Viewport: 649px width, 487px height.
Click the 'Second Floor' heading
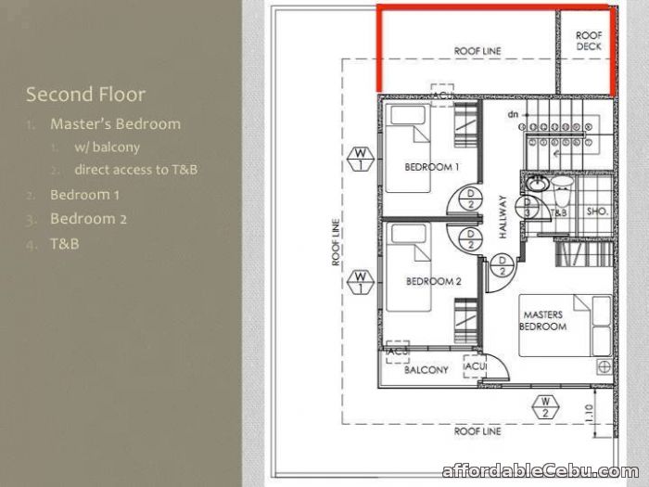pyautogui.click(x=85, y=95)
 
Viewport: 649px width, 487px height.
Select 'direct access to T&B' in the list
pyautogui.click(x=135, y=170)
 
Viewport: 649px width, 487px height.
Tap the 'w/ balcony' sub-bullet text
pyautogui.click(x=108, y=147)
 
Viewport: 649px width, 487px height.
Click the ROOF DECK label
pyautogui.click(x=589, y=41)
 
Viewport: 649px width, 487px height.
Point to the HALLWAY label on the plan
pyautogui.click(x=503, y=216)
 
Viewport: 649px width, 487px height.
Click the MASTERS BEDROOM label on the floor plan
pyautogui.click(x=543, y=321)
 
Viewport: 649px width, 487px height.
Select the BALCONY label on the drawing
pyautogui.click(x=426, y=369)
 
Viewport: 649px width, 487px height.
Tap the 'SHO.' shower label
pyautogui.click(x=597, y=211)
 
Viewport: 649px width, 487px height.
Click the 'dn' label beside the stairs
pyautogui.click(x=513, y=114)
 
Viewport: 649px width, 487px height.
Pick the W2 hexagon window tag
pyautogui.click(x=545, y=407)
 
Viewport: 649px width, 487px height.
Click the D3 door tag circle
pyautogui.click(x=528, y=207)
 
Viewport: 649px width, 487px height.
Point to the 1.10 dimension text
pyautogui.click(x=590, y=413)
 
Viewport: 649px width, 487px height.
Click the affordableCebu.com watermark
pyautogui.click(x=541, y=471)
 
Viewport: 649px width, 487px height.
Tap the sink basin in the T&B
pyautogui.click(x=537, y=183)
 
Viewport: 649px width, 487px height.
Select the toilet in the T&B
pyautogui.click(x=562, y=190)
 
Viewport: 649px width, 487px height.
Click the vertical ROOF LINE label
pyautogui.click(x=336, y=242)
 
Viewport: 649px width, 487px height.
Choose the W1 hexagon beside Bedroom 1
pyautogui.click(x=361, y=159)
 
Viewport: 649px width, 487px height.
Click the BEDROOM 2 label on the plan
pyautogui.click(x=433, y=281)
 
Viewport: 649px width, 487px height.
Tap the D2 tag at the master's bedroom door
pyautogui.click(x=503, y=265)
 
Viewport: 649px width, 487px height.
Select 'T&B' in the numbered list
pyautogui.click(x=65, y=243)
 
